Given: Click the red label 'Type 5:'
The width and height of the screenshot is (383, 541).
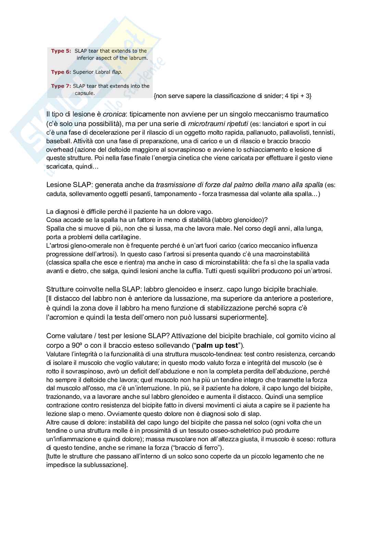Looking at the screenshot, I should pyautogui.click(x=61, y=51).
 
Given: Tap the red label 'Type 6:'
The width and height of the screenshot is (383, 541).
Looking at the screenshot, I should pyautogui.click(x=61, y=72).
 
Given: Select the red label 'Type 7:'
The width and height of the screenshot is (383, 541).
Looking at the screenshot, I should pyautogui.click(x=61, y=86).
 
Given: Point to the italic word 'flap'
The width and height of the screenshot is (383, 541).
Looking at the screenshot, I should pyautogui.click(x=116, y=72).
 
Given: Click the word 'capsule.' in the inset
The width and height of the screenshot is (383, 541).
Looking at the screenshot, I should pyautogui.click(x=85, y=93).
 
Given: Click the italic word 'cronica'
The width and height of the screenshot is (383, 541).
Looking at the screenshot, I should pyautogui.click(x=114, y=114).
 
